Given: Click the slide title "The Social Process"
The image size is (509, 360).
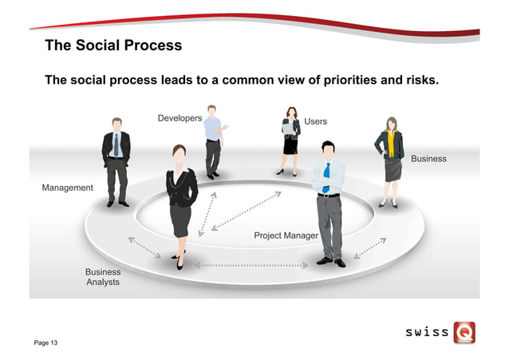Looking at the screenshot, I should pos(113,45).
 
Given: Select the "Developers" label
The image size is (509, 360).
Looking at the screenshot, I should pos(180,118).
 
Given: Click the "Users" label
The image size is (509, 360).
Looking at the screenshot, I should pos(315,121).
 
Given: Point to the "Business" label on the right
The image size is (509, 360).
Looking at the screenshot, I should pos(428,159).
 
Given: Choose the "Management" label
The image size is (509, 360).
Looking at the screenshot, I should pos(67,188).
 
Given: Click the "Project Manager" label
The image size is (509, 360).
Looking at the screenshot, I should pos(286,235).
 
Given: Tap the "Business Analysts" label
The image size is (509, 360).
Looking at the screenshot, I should pos(103,277).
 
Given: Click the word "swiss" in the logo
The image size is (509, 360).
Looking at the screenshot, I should pos(426,332).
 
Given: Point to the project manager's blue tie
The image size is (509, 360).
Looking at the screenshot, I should pos(326,177).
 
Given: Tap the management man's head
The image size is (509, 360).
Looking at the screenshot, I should pos(116,125).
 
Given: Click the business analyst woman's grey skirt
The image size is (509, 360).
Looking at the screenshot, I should pos(180,220).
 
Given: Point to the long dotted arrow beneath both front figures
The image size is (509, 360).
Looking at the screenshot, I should pos(251,263).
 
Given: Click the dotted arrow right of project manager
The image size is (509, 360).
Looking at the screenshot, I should pos(369,247).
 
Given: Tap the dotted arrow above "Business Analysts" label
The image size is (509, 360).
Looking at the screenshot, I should pos(144,247).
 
